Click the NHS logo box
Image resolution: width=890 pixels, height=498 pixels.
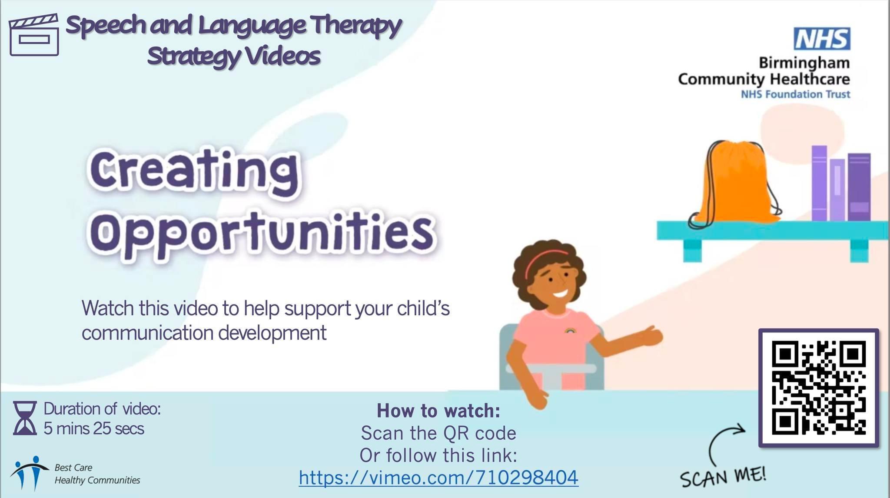822,39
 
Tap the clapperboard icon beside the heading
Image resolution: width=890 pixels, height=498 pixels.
34,35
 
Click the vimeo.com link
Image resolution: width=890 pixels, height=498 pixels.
438,478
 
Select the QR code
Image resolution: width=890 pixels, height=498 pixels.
819,388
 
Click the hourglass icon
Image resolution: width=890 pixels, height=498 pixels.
25,418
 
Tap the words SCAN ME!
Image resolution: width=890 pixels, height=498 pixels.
723,477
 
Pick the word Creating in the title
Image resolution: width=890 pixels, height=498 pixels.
194,171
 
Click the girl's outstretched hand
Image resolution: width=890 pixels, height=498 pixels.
650,335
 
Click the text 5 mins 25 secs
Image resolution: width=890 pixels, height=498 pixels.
94,428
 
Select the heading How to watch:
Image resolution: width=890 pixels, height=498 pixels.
438,411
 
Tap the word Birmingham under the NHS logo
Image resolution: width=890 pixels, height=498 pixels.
804,63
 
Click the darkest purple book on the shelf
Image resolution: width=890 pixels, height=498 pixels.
859,187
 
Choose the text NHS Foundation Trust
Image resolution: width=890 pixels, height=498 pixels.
795,94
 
